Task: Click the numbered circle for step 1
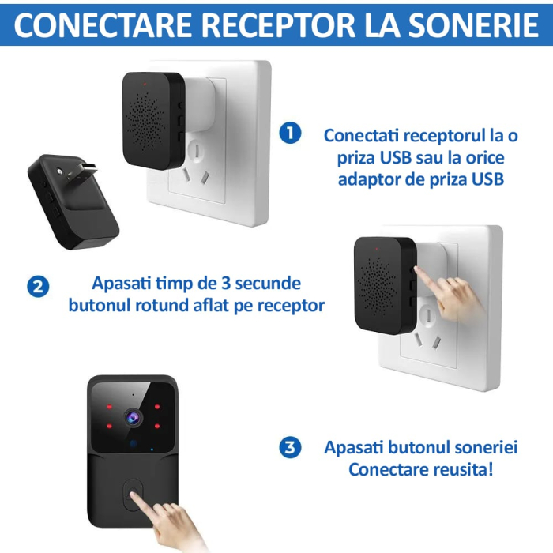(x=290, y=134)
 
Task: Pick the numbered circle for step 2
(x=37, y=286)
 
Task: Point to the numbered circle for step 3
(x=290, y=448)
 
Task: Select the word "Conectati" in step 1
(x=361, y=134)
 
